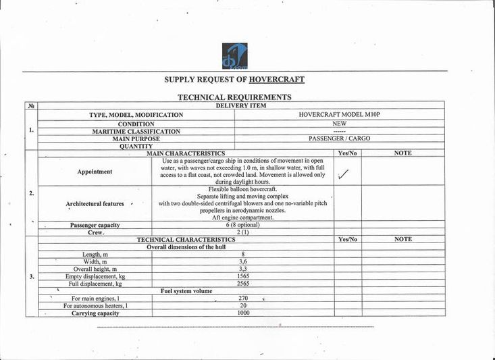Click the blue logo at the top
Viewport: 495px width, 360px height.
tap(235, 56)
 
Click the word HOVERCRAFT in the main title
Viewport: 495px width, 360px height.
tap(277, 80)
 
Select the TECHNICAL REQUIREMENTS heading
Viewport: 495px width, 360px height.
tap(234, 97)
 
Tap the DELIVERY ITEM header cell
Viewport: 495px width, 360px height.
tap(240, 105)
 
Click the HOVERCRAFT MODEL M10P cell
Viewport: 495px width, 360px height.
tap(340, 115)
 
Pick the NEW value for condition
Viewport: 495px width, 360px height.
tap(340, 124)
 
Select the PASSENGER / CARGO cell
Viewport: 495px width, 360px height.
tap(340, 138)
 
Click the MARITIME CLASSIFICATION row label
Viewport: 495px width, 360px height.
tap(136, 131)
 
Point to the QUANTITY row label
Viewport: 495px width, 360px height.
tap(136, 146)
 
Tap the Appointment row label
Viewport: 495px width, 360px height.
tap(95, 172)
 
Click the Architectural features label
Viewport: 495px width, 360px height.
tap(95, 203)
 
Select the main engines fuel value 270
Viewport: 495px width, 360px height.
tap(243, 298)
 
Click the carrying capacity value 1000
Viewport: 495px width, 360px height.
tap(243, 313)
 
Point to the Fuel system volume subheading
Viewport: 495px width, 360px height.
tap(186, 291)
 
